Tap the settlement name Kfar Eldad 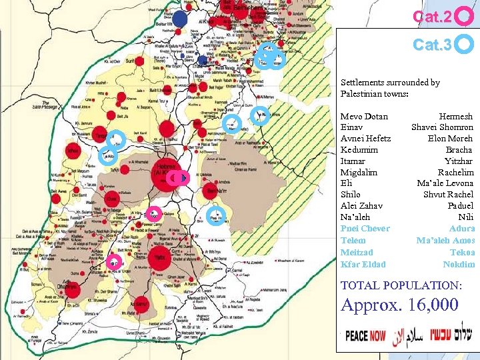click(x=363, y=264)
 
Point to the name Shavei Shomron click(x=442, y=127)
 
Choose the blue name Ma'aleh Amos click(x=445, y=240)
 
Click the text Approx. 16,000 click(x=399, y=305)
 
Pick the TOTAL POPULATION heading click(x=401, y=285)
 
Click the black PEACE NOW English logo click(x=365, y=336)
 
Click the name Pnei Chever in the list click(x=365, y=229)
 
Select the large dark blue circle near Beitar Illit click(x=180, y=19)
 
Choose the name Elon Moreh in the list click(x=450, y=139)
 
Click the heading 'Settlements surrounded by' click(x=390, y=83)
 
